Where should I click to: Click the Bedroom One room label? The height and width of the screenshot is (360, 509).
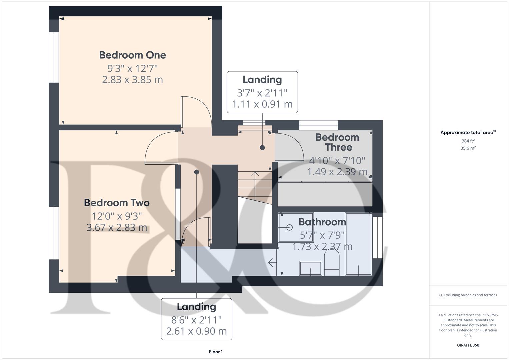click(x=132, y=55)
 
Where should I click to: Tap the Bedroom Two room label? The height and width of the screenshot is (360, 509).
click(x=117, y=203)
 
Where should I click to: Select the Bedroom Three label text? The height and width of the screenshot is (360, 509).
click(x=337, y=142)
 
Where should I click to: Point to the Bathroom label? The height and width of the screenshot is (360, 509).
click(x=322, y=222)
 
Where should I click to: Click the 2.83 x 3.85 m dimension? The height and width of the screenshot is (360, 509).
click(x=132, y=80)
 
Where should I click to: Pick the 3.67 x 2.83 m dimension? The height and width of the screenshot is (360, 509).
click(x=117, y=228)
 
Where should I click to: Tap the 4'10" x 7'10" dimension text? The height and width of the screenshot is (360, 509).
click(x=337, y=161)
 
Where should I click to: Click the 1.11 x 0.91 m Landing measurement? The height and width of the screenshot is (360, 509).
click(x=262, y=104)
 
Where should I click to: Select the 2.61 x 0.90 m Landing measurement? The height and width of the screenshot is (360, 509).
click(x=196, y=331)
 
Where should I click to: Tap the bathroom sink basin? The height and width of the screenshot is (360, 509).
click(x=310, y=268)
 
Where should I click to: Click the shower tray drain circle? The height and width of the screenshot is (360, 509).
click(x=289, y=227)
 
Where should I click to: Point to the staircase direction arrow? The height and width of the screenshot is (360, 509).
click(x=255, y=180)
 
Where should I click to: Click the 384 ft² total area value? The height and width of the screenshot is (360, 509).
click(x=468, y=141)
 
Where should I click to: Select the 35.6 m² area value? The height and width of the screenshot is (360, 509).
click(x=468, y=148)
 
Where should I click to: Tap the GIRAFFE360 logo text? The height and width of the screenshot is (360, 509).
click(x=468, y=345)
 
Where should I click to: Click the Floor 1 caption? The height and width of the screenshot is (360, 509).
click(x=216, y=352)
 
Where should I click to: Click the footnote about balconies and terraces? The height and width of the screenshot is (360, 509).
click(x=468, y=295)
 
